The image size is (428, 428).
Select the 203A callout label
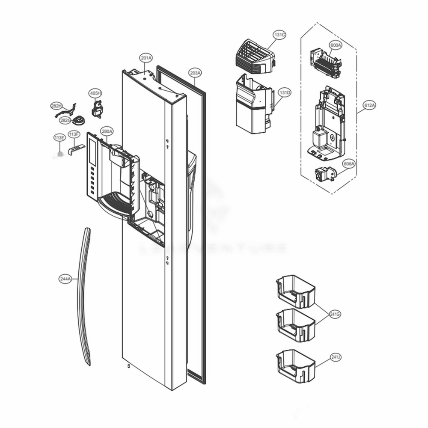(x=195, y=73)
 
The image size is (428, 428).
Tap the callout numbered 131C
(x=280, y=35)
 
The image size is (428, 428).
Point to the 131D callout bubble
(x=285, y=92)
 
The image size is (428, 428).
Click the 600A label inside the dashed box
(x=336, y=45)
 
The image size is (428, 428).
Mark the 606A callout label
(x=349, y=164)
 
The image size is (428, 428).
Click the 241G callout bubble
(x=335, y=315)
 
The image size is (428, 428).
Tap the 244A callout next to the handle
(x=65, y=279)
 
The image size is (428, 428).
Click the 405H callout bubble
(x=95, y=93)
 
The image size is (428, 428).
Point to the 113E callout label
(x=59, y=137)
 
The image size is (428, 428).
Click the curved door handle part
(x=83, y=295)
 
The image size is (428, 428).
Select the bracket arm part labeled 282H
(x=65, y=112)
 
